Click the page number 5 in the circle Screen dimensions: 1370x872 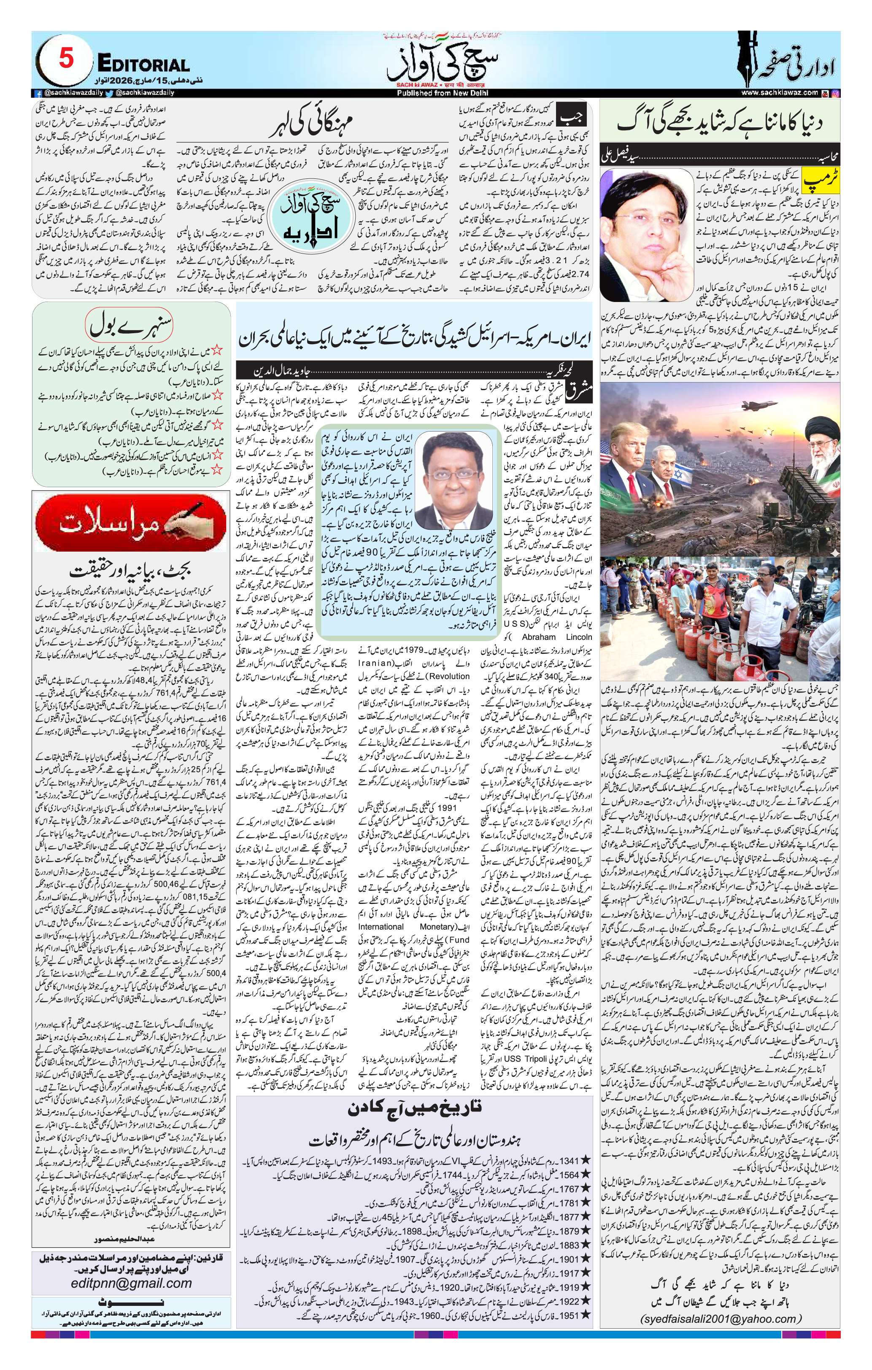coord(66,59)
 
